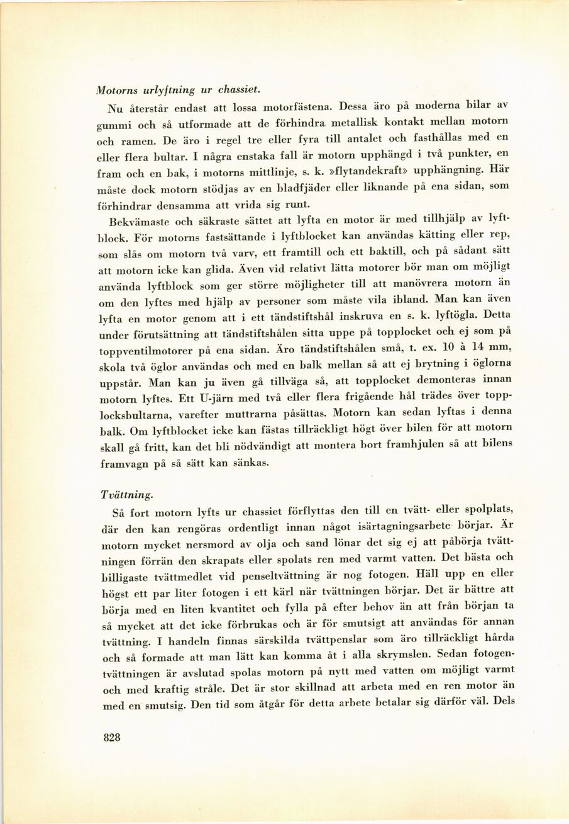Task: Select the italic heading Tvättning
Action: point(125,495)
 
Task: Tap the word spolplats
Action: point(479,509)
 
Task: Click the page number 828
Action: point(111,738)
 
